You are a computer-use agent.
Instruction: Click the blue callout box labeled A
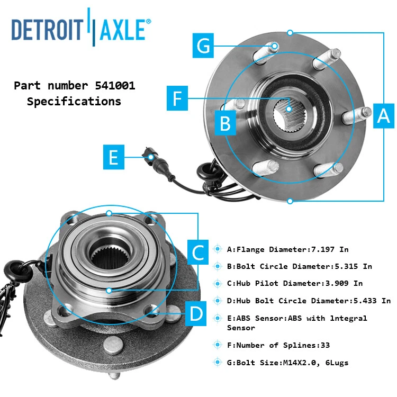tap(383, 115)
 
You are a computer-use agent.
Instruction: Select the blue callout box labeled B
tap(225, 123)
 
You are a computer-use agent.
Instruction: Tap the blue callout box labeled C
tap(197, 252)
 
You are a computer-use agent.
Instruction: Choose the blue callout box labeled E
tap(113, 157)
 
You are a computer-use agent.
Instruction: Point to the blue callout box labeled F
tap(177, 98)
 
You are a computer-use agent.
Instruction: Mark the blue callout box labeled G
tap(203, 46)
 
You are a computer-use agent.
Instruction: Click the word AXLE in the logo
tap(121, 30)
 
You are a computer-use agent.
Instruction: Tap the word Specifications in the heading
tap(74, 101)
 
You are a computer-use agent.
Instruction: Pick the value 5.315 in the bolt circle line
tap(346, 266)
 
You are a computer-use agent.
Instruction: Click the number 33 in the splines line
tap(324, 345)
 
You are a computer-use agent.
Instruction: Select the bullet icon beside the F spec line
tap(217, 345)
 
